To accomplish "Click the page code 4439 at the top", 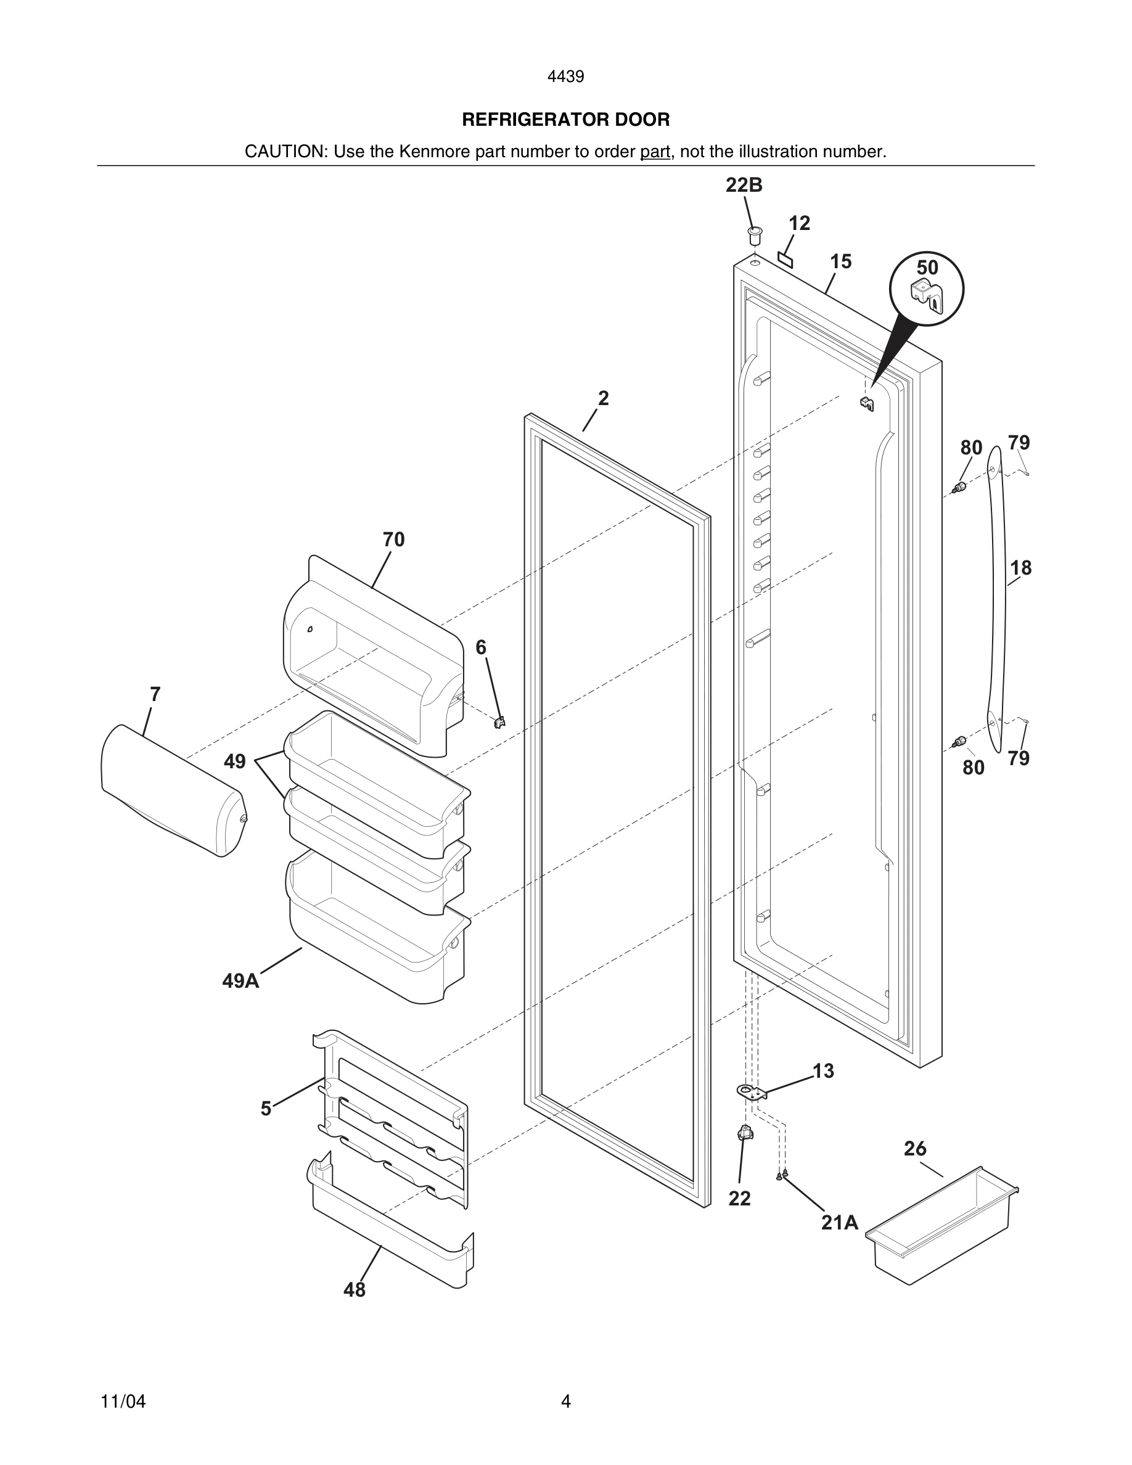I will [x=565, y=76].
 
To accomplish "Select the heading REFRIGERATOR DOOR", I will [x=565, y=120].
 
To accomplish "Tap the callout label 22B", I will [x=744, y=185].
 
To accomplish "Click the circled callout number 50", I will [x=927, y=268].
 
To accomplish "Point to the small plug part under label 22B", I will [x=755, y=236].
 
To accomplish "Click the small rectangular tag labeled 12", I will [x=785, y=259].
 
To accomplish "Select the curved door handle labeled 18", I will [x=997, y=597].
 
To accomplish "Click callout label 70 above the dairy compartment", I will [x=393, y=540].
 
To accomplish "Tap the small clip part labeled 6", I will [x=499, y=722].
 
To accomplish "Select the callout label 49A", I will [x=240, y=981].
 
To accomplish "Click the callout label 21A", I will [x=840, y=1223].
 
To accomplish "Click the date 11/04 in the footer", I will [x=123, y=1401].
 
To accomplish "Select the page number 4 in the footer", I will [x=565, y=1401].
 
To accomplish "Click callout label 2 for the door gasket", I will [x=603, y=398].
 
